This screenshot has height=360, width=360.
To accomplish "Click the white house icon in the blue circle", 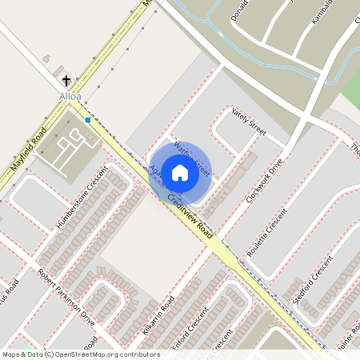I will click(180, 172).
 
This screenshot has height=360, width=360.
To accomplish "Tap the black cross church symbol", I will click(66, 80).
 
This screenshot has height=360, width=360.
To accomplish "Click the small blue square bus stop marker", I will click(88, 120).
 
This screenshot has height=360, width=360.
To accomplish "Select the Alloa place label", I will click(70, 96).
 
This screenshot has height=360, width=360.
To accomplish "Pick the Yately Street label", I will click(248, 121).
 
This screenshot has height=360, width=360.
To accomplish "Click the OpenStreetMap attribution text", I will click(79, 354).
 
